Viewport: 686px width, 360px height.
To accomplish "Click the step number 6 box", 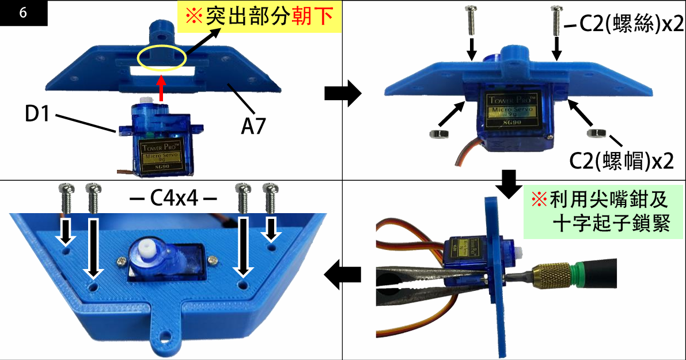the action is (23, 13).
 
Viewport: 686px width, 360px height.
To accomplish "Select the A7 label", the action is (252, 126).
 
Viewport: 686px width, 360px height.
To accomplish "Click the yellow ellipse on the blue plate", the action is (162, 58).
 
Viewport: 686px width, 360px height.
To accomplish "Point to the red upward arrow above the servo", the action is (162, 89).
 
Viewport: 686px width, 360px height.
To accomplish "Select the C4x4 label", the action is (173, 199).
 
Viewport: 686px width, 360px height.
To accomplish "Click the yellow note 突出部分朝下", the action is (260, 17).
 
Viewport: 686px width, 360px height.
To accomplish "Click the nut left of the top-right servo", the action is (438, 134).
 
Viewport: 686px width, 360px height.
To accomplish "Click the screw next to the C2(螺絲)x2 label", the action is (556, 20).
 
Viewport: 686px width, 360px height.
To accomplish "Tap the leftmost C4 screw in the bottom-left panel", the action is (66, 199).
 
